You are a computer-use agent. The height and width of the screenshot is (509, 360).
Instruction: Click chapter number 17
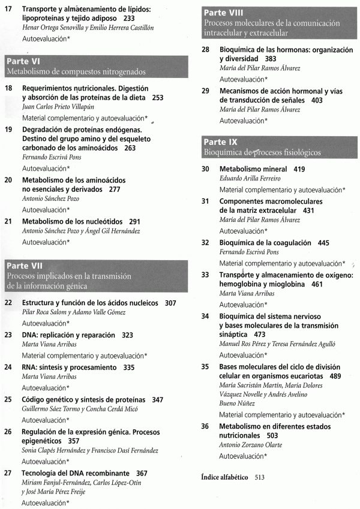click(x=8, y=10)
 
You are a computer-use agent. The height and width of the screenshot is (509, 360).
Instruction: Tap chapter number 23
click(x=8, y=335)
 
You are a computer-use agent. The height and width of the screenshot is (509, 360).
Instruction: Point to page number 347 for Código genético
click(x=157, y=399)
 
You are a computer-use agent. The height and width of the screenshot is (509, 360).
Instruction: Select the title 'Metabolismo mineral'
click(x=253, y=169)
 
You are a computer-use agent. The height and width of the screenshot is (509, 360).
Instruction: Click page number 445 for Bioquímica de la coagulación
click(x=324, y=243)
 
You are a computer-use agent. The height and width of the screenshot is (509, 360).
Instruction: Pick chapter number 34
click(x=205, y=316)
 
